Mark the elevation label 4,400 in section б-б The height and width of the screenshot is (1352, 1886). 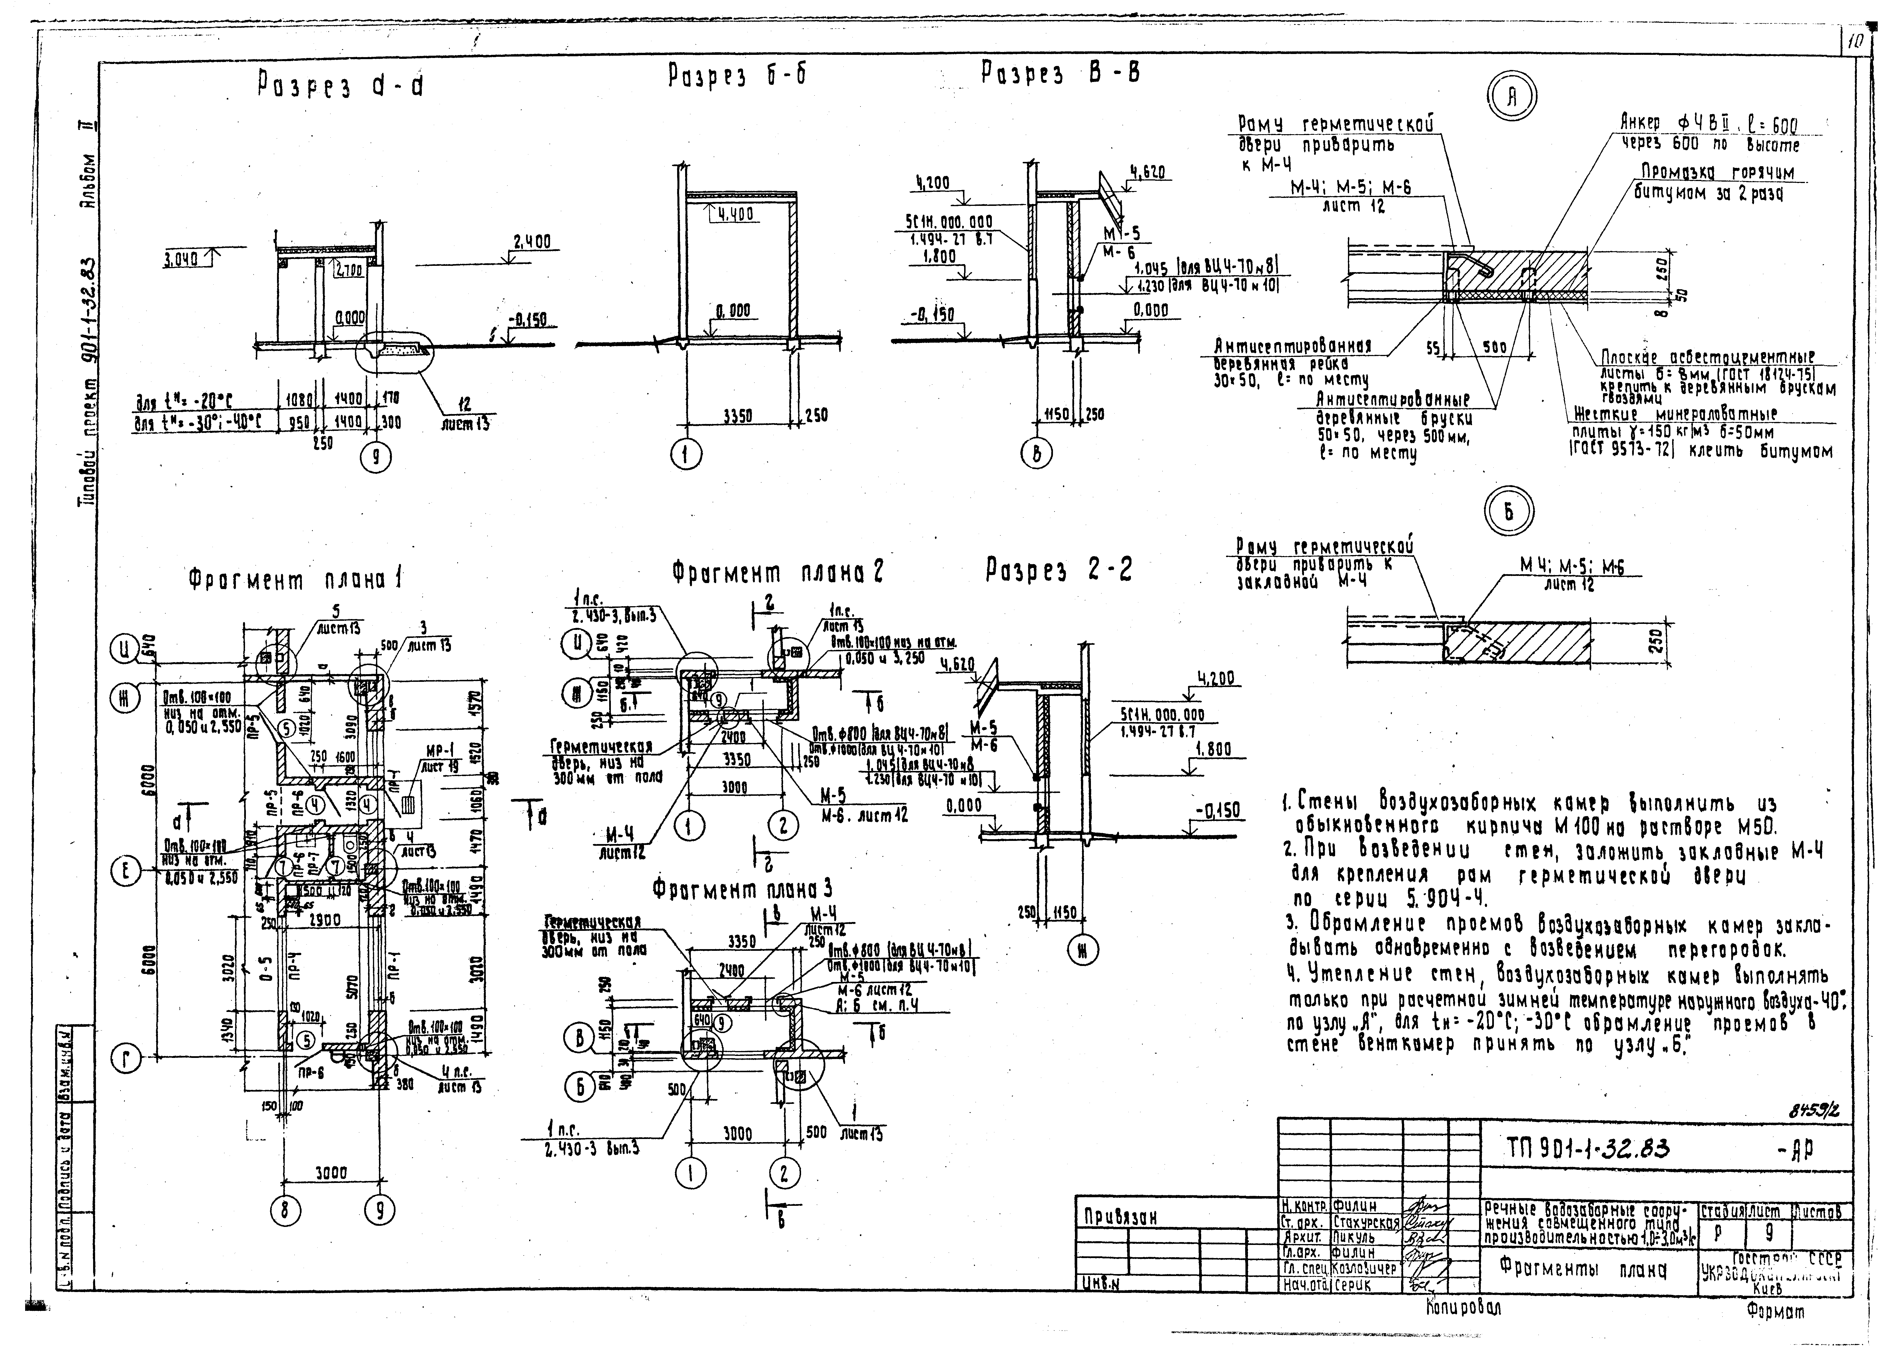732,214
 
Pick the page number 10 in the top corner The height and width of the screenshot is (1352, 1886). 1854,42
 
